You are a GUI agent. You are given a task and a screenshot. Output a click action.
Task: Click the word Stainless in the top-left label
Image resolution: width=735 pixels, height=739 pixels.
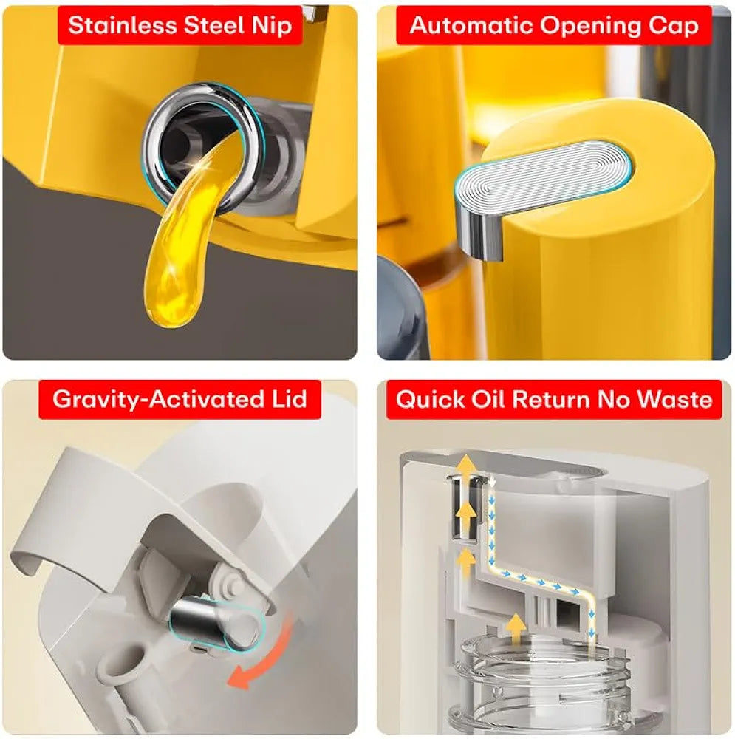122,25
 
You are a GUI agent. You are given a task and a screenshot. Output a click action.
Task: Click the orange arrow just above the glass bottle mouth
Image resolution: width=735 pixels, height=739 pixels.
517,628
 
